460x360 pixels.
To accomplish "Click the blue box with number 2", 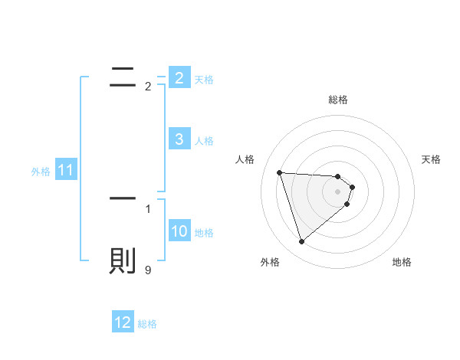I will coord(179,78).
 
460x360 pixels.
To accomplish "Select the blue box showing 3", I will coord(179,139).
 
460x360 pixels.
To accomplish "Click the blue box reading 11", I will coord(65,170).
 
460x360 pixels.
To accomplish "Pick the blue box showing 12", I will coord(123,322).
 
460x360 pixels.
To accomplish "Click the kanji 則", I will coord(123,260).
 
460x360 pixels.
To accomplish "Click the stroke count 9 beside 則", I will coord(148,270).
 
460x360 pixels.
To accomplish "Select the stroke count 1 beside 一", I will coord(148,208).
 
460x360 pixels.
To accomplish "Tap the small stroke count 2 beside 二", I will coord(148,87).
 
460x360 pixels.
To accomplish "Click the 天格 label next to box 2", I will coord(204,79).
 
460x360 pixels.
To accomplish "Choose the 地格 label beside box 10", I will coord(204,232).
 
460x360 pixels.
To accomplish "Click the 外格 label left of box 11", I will coord(41,172).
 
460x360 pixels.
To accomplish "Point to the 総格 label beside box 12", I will coord(147,324).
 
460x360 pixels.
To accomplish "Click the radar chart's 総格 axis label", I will coord(338,100).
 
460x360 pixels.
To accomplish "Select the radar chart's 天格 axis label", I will coord(432,159).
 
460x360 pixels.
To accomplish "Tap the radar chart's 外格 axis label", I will coord(270,262).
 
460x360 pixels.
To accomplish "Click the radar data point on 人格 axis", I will coord(279,172).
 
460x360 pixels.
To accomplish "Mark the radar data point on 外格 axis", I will coord(301,242).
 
